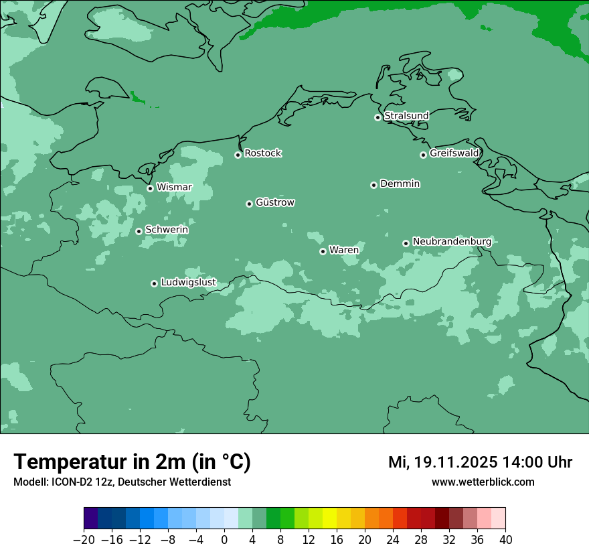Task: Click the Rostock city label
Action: point(262,153)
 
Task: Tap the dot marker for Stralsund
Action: point(377,117)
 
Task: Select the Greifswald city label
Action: point(454,153)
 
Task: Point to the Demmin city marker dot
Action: point(373,185)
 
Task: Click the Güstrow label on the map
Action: point(274,202)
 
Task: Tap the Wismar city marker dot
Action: point(150,188)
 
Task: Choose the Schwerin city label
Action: point(166,230)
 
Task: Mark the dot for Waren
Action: point(323,251)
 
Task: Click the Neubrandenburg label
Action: point(452,241)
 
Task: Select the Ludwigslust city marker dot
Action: point(154,283)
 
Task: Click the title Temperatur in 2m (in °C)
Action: point(132,462)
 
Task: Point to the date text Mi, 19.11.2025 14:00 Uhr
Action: point(480,462)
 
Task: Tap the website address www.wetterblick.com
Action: point(483,482)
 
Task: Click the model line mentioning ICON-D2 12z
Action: point(122,482)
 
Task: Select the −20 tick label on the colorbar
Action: point(84,540)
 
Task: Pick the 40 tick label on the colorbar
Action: point(505,540)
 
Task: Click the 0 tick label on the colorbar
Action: point(224,540)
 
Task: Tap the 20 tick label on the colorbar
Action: point(365,540)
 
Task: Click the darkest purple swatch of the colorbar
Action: point(91,518)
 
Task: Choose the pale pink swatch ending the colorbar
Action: point(499,518)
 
